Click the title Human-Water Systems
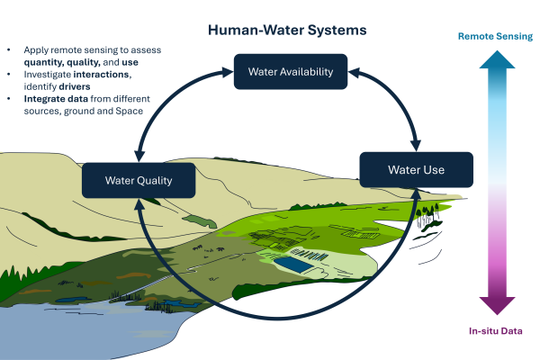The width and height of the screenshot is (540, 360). pos(287,30)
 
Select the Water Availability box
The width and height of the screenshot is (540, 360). pos(291,72)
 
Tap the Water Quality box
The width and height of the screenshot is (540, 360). pos(139,181)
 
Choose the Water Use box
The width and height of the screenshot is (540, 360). pos(417,170)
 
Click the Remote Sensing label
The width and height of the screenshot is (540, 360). pos(495,37)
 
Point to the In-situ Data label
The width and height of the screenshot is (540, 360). pos(496,331)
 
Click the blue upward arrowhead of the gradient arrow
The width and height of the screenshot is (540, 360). pos(497,59)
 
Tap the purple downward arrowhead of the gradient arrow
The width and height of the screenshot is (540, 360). pos(497,306)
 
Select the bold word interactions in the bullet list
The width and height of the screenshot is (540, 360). pos(101,75)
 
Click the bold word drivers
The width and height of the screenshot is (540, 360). pos(75,86)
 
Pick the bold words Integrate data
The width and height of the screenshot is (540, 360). pos(56,99)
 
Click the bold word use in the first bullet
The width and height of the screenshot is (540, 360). pos(130,62)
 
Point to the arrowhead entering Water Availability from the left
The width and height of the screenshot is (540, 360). pos(228,72)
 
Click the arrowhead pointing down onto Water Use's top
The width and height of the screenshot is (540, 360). pos(416,146)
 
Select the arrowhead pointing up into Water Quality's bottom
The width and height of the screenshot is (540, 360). pos(139,204)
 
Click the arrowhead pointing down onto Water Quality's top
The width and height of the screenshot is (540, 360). pos(139,157)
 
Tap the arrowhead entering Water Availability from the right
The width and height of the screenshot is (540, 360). pos(354,72)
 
